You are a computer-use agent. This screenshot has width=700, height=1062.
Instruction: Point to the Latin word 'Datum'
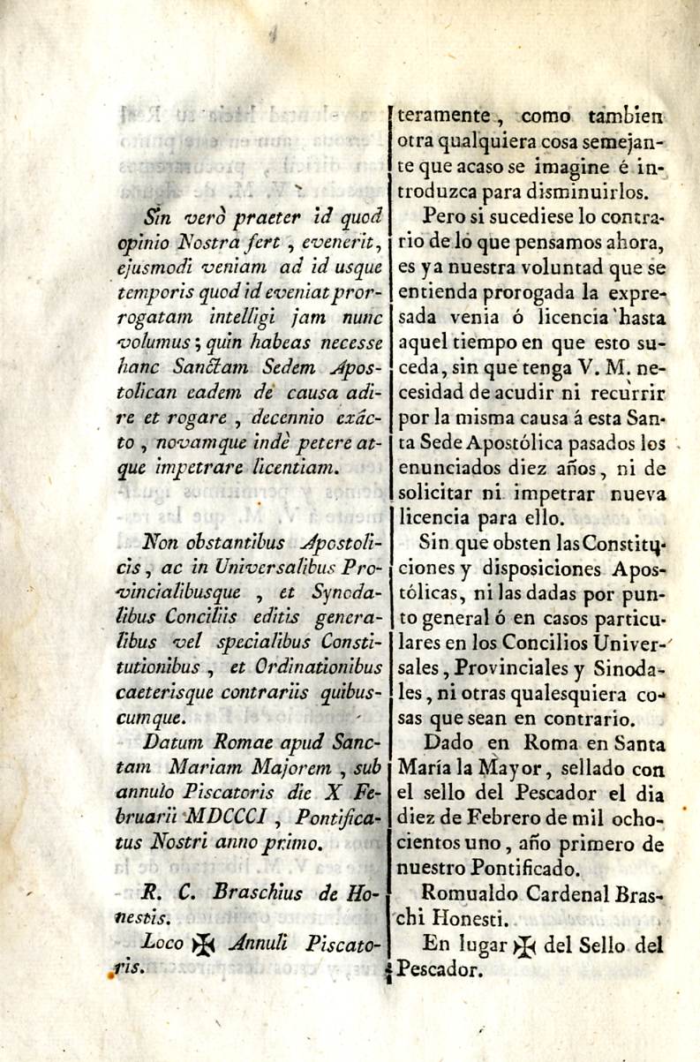tap(173, 742)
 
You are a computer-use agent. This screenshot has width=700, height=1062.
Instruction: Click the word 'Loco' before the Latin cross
tap(163, 944)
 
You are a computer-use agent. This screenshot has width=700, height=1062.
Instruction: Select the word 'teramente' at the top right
tap(444, 115)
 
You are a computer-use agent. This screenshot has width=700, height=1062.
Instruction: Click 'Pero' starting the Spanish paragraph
tap(444, 215)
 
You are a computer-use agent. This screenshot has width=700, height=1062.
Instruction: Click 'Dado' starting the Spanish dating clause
tap(448, 743)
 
